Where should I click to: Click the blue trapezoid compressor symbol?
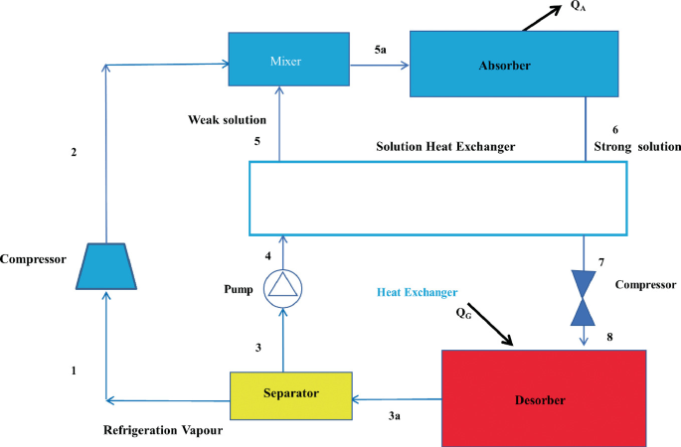(106, 265)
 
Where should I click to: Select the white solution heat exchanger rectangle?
(436, 195)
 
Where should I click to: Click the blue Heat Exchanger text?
(418, 293)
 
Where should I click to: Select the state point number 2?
(72, 153)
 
